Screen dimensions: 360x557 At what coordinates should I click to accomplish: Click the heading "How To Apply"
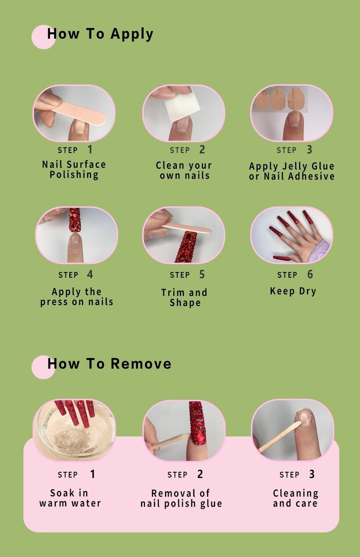pyautogui.click(x=100, y=34)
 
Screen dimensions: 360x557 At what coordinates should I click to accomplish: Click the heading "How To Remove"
pyautogui.click(x=109, y=364)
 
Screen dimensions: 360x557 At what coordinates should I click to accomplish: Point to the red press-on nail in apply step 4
pyautogui.click(x=75, y=220)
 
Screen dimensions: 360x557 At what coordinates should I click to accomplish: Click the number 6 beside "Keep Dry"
pyautogui.click(x=310, y=274)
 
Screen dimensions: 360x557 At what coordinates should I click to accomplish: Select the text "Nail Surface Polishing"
pyautogui.click(x=74, y=170)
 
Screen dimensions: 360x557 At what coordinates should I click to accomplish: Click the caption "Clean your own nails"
pyautogui.click(x=184, y=171)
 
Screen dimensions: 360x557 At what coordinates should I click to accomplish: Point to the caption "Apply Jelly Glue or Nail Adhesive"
pyautogui.click(x=292, y=171)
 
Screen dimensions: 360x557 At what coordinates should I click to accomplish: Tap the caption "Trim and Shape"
pyautogui.click(x=184, y=297)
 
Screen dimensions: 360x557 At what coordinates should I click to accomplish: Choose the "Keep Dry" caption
pyautogui.click(x=293, y=291)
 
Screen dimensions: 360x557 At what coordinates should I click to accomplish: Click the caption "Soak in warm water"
pyautogui.click(x=70, y=498)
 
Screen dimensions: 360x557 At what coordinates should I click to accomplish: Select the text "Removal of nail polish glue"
pyautogui.click(x=181, y=499)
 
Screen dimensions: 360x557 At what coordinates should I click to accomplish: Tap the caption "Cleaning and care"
pyautogui.click(x=295, y=498)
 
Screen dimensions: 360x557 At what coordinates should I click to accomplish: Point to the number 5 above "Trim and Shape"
pyautogui.click(x=202, y=274)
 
